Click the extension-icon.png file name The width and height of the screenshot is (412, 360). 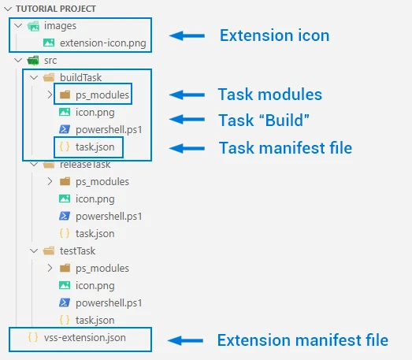tap(102, 43)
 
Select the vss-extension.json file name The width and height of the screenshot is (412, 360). tap(84, 338)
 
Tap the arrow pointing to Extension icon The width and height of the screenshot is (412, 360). tap(187, 35)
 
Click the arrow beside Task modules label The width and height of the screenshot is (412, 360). tap(187, 95)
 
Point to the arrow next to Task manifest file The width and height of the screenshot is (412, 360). tap(187, 148)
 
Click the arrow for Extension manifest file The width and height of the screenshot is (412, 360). tap(185, 340)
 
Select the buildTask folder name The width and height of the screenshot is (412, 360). tap(80, 77)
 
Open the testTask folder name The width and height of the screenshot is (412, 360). tap(77, 251)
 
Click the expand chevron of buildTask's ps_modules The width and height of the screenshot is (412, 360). tap(50, 95)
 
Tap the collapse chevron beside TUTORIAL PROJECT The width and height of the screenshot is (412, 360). tap(8, 9)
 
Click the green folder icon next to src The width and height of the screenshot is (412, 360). tap(33, 61)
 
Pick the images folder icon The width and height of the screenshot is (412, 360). tap(33, 26)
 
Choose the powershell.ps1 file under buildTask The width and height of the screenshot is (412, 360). tap(109, 129)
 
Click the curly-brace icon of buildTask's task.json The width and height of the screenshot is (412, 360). tap(65, 147)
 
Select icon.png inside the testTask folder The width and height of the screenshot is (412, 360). tap(95, 286)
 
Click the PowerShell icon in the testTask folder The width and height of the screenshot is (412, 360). tap(65, 302)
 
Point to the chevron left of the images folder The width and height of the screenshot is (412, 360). tap(18, 26)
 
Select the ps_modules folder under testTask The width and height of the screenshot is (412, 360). tap(102, 269)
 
